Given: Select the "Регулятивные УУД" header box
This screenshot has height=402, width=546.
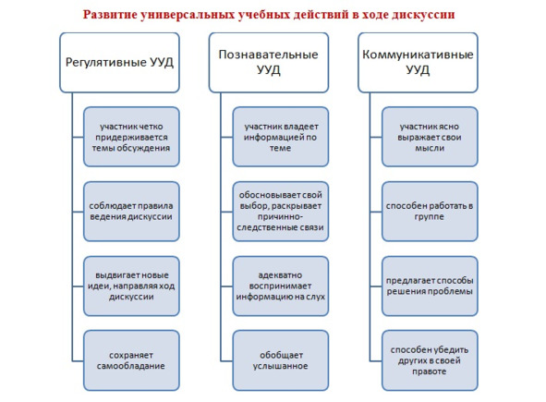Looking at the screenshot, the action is pyautogui.click(x=119, y=63).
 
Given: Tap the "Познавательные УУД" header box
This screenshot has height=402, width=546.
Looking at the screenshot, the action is pyautogui.click(x=269, y=63).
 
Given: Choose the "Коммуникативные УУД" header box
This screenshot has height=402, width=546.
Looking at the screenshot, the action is pyautogui.click(x=418, y=63).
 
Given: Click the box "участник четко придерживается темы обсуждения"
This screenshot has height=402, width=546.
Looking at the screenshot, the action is pyautogui.click(x=131, y=137).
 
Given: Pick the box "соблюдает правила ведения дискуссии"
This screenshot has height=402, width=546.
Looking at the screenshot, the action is pyautogui.click(x=131, y=211).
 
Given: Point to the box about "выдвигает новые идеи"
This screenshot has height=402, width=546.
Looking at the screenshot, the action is pyautogui.click(x=131, y=286).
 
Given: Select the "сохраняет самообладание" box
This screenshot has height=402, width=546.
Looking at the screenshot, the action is pyautogui.click(x=131, y=360).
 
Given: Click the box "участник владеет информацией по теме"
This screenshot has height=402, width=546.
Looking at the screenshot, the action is pyautogui.click(x=280, y=137).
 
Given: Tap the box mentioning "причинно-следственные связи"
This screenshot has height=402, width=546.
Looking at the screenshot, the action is pyautogui.click(x=280, y=211).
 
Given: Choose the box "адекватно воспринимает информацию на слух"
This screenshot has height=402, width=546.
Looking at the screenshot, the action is pyautogui.click(x=280, y=286).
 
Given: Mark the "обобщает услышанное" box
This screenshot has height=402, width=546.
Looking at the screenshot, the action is pyautogui.click(x=280, y=360).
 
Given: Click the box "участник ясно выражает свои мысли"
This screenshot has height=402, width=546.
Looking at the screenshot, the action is pyautogui.click(x=430, y=137).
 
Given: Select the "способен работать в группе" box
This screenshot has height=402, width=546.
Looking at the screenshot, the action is pyautogui.click(x=430, y=211).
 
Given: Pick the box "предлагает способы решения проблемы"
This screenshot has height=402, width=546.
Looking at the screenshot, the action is pyautogui.click(x=430, y=286).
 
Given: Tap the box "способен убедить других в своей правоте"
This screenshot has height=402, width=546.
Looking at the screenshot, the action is pyautogui.click(x=430, y=360).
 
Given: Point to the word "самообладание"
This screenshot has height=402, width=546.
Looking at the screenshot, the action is pyautogui.click(x=131, y=366).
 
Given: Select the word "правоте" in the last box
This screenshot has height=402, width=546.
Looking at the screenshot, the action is pyautogui.click(x=429, y=372).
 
